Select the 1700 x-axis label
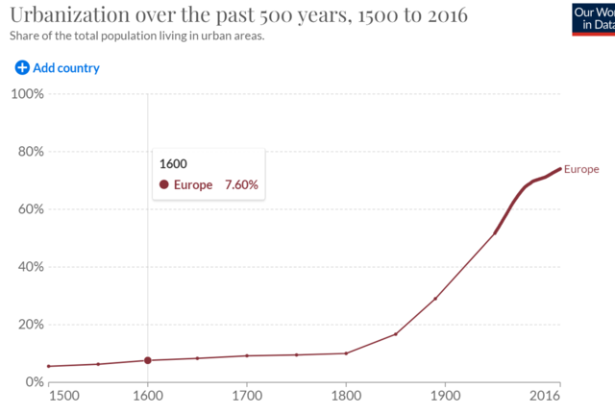tap(247, 395)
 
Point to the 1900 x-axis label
tap(446, 395)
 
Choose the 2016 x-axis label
tap(546, 395)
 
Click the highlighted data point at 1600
tap(148, 360)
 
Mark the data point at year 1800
tap(346, 353)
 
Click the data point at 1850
tap(396, 334)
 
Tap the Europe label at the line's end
tap(581, 169)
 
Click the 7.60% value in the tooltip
tap(241, 185)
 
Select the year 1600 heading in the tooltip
tap(173, 163)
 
